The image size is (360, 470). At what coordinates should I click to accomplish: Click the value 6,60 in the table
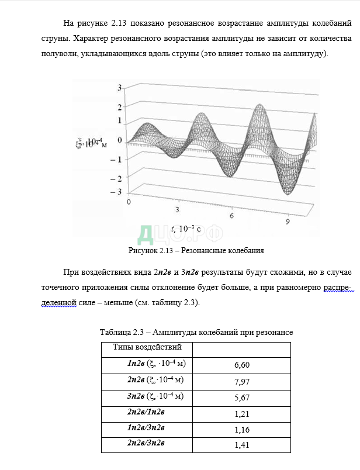point(241,365)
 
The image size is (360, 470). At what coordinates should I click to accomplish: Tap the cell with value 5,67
point(241,398)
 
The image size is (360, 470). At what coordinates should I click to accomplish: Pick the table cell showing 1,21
point(241,414)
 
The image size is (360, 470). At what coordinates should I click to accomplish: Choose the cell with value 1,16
point(241,430)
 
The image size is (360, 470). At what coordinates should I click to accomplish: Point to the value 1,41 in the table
point(241,445)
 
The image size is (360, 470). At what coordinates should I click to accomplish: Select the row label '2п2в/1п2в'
point(146,412)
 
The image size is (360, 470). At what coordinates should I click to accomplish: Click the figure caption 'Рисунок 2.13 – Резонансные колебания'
point(196,251)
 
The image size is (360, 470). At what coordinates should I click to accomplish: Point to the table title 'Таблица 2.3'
point(123,332)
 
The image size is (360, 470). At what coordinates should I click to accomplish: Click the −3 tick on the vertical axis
point(119,192)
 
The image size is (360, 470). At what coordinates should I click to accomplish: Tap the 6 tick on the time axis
point(231,216)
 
